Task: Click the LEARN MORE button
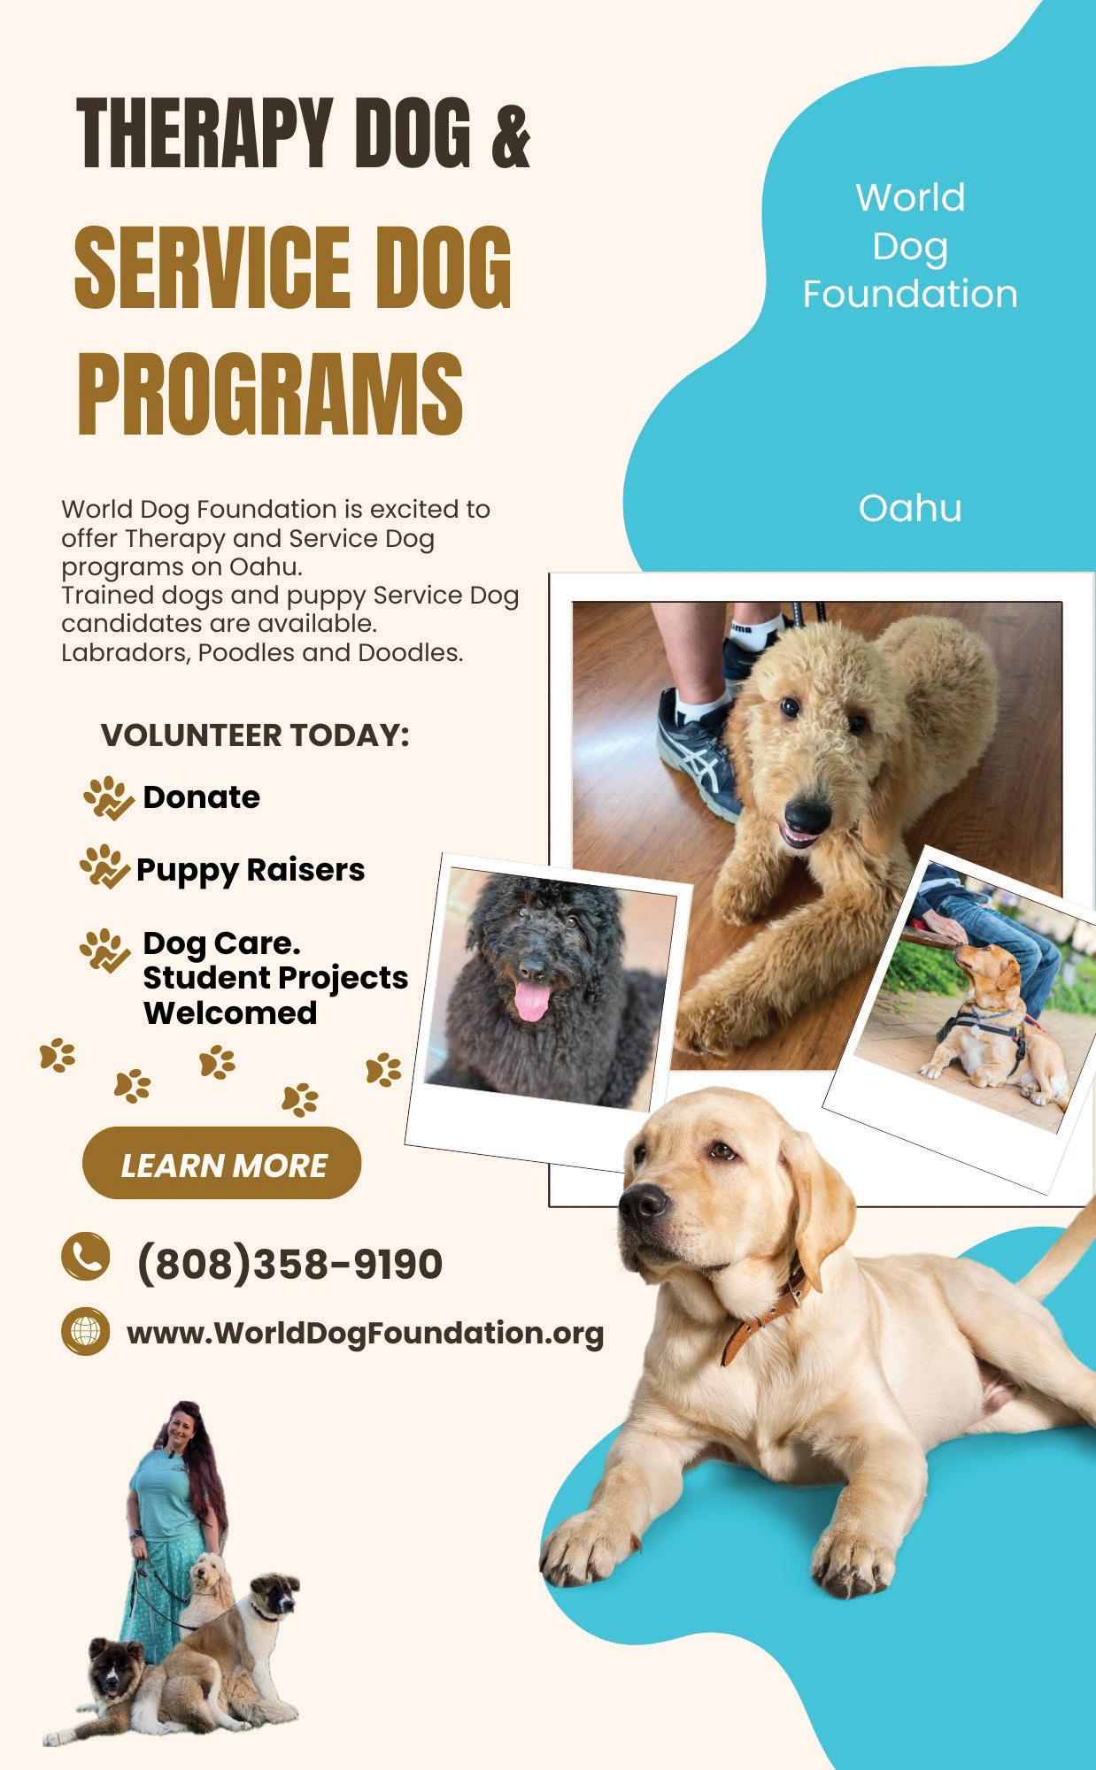coord(221,1164)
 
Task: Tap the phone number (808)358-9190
coord(289,1264)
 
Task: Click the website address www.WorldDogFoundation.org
coord(365,1333)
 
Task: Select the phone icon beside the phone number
coord(85,1256)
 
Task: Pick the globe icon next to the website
coord(85,1331)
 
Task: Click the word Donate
coord(201,797)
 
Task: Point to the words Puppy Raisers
coord(250,870)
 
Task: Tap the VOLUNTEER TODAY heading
coord(255,735)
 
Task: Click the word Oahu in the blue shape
coord(909,509)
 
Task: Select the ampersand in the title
coord(510,135)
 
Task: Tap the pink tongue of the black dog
coord(532,1001)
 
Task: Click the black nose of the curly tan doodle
coord(807,812)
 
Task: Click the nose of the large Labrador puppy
coord(642,1204)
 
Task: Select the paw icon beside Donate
coord(109,797)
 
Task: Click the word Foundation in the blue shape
coord(909,294)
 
